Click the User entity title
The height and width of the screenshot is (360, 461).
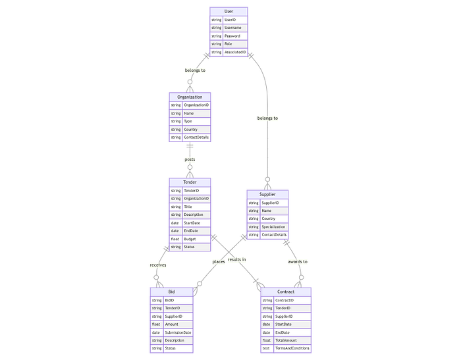coord(229,11)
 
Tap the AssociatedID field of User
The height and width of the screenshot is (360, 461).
coord(235,52)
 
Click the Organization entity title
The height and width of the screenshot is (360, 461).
coord(190,97)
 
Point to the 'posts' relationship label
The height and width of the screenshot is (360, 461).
coord(190,159)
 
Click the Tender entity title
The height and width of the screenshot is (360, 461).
coord(190,182)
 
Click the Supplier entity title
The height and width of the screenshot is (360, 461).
coord(267,195)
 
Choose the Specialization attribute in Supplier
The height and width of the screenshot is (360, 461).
coord(274,226)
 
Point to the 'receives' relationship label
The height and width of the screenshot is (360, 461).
coord(158,265)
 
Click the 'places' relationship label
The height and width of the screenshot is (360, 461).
coord(219,261)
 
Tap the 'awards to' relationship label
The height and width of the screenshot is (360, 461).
coord(298,261)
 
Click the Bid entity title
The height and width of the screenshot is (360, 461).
coord(171,292)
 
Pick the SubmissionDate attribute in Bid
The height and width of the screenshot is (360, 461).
coord(177,332)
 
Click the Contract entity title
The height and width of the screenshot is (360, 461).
coord(286,292)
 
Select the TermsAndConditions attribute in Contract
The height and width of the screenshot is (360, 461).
coord(292,348)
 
